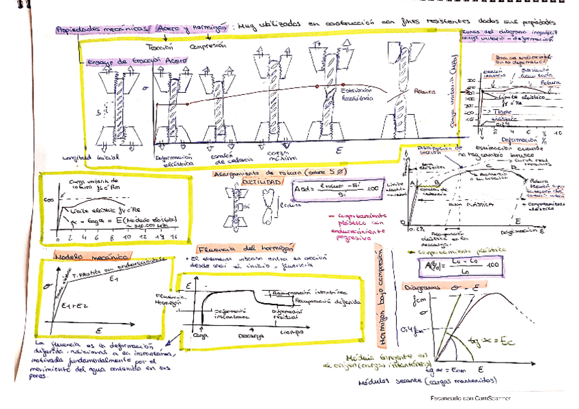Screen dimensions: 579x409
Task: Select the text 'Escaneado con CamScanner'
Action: pyautogui.click(x=470, y=398)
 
